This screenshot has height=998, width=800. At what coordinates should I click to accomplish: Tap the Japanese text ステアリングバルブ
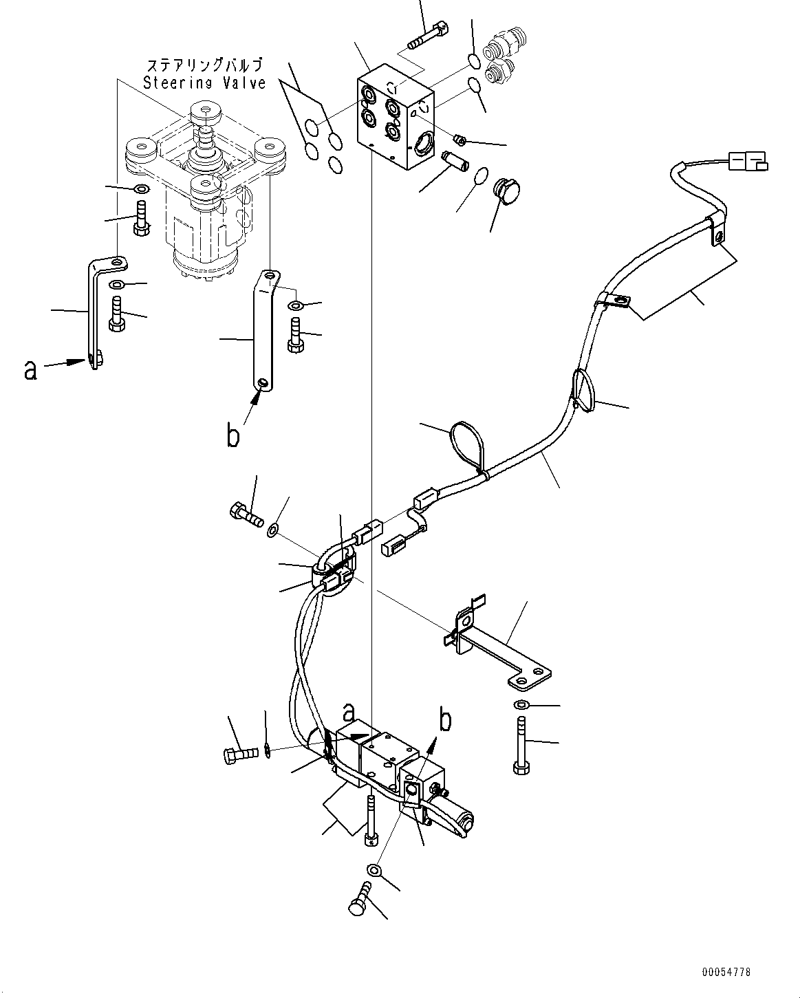205,66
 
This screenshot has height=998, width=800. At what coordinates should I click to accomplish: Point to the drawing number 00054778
726,972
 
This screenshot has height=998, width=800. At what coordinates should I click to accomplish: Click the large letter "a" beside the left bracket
30,370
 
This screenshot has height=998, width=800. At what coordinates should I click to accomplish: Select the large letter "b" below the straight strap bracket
234,435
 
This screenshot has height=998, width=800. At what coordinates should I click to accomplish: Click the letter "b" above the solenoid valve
446,720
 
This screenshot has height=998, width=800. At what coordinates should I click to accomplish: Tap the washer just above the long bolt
521,705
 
